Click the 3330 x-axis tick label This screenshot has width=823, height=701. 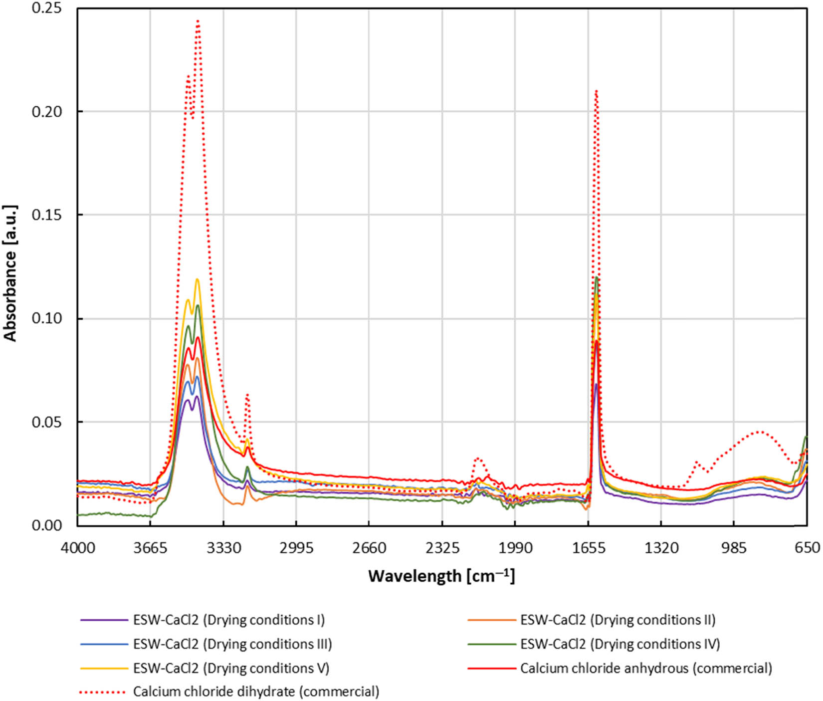223,548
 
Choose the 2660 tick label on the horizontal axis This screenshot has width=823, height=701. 369,548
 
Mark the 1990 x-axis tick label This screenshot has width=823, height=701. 515,548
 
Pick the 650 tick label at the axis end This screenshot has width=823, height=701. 807,548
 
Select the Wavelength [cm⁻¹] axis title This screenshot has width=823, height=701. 441,576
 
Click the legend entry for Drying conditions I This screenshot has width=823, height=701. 228,620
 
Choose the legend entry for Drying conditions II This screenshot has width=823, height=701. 617,620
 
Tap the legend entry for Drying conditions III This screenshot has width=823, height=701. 232,644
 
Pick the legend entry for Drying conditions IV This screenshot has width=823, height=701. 620,644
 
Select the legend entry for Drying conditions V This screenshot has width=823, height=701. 231,668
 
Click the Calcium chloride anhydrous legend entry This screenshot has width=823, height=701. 646,668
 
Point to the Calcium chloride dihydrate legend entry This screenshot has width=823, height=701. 256,692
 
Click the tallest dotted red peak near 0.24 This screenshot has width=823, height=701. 198,21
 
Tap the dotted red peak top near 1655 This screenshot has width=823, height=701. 596,91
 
